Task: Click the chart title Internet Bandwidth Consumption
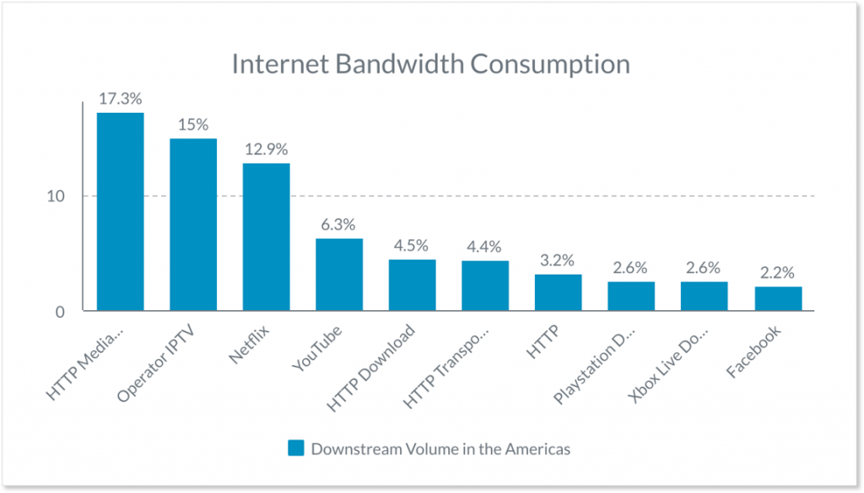tap(430, 65)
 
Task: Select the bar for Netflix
tap(266, 237)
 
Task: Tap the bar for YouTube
tap(339, 275)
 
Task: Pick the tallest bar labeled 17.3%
tap(120, 212)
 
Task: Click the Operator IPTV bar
tap(193, 224)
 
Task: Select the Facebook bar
tap(778, 298)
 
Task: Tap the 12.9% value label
tap(266, 148)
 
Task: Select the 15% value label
tap(193, 124)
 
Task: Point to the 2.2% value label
tap(778, 272)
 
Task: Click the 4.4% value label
tap(485, 247)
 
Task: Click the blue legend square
tap(295, 448)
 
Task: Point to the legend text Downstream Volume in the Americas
tap(440, 448)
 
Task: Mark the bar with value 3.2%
tap(558, 292)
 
